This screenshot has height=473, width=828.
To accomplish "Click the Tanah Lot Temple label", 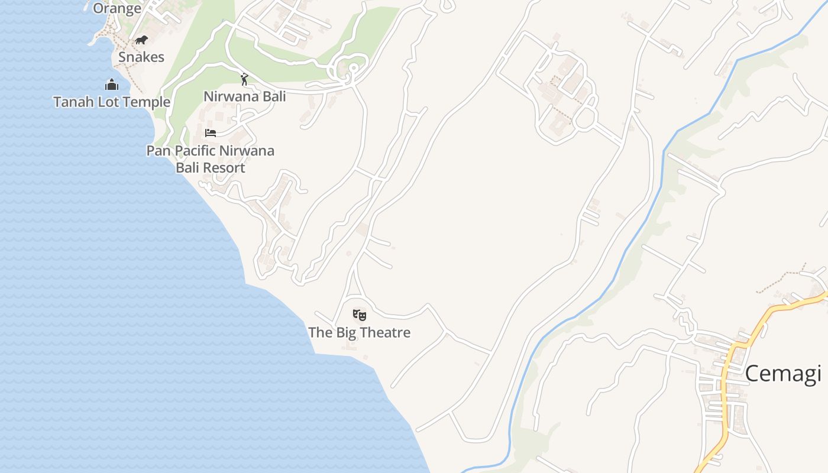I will pos(112,102).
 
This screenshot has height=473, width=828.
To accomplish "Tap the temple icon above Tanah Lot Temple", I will pos(112,85).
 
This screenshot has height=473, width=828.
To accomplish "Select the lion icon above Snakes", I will pos(141,40).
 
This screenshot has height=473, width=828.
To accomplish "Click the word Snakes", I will pos(141,57).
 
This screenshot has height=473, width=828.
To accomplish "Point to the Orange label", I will pos(117,8).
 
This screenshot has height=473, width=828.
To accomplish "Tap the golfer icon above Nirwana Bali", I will pos(244,79).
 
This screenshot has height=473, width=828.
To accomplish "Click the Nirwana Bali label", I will pos(244,96).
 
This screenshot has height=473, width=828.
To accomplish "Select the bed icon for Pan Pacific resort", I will pos(211,132).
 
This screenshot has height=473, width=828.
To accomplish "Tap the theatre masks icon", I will pos(359,315).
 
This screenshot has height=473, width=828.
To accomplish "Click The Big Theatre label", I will pos(359,332).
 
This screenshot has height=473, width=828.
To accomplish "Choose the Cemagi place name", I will pos(782,374).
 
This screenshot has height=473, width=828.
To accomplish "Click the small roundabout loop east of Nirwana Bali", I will pos(353,68).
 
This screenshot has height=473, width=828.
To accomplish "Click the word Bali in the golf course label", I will pos(273,96).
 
